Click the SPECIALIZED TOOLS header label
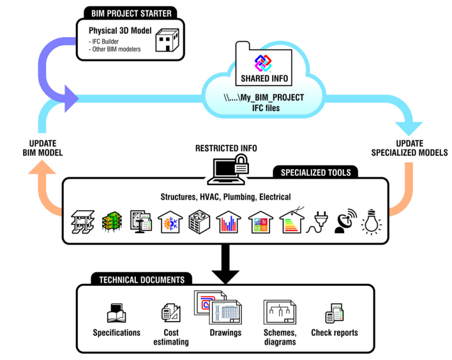point(315,172)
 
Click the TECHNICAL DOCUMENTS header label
point(137,280)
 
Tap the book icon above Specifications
point(116,313)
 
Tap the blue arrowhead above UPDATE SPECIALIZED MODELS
point(407,125)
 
